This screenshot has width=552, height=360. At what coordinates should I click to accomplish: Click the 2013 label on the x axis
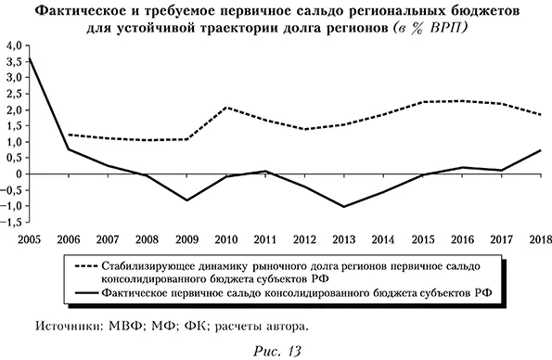[344, 238]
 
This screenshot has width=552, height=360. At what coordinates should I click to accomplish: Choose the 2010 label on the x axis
[225, 238]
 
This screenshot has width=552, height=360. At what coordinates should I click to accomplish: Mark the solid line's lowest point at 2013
[344, 207]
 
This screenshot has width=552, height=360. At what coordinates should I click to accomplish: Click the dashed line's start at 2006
[69, 135]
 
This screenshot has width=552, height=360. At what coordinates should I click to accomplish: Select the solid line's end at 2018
[541, 150]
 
